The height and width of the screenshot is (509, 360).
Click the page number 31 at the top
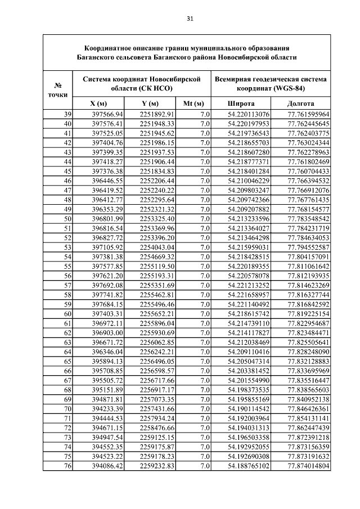[190, 18]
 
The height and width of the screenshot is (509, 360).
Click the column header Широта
[241, 104]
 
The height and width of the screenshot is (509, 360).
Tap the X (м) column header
[98, 104]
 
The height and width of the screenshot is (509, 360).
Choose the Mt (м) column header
[193, 104]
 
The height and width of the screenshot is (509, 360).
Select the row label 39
[67, 115]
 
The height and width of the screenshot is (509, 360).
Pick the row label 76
[67, 466]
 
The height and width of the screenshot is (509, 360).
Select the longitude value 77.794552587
[308, 247]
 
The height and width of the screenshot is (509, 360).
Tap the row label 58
[67, 295]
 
